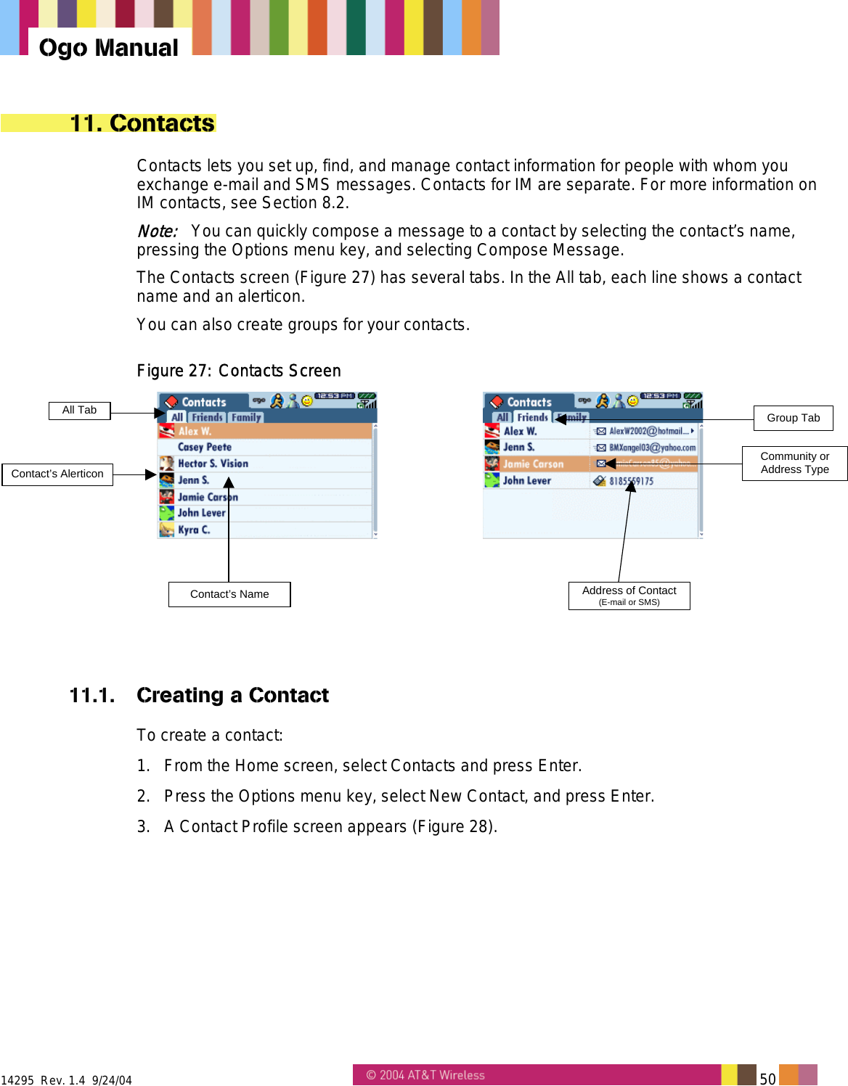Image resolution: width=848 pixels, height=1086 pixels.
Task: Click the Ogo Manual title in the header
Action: click(x=109, y=48)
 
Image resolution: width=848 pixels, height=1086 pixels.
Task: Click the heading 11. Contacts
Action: click(x=142, y=123)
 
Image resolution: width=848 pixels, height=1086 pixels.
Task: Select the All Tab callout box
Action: click(x=79, y=410)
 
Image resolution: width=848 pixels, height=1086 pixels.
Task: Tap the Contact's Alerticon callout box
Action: click(x=57, y=474)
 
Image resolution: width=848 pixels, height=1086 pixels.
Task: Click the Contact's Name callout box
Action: click(x=229, y=594)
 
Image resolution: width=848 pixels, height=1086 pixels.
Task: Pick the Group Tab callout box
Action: click(x=793, y=418)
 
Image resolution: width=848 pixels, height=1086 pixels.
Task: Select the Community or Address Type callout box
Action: click(x=794, y=463)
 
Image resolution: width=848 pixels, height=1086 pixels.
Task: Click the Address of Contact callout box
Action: click(x=629, y=596)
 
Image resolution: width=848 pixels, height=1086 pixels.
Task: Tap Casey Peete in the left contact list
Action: click(x=205, y=448)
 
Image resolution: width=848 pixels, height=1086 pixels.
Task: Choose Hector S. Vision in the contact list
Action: click(x=213, y=464)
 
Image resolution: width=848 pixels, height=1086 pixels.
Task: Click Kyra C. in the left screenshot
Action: click(x=194, y=530)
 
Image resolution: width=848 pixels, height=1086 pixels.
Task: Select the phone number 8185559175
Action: click(x=631, y=481)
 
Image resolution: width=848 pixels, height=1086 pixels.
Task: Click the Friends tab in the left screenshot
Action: click(x=207, y=418)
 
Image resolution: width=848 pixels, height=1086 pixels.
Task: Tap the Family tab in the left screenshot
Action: click(x=246, y=418)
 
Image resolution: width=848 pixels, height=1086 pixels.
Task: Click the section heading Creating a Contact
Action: click(x=232, y=695)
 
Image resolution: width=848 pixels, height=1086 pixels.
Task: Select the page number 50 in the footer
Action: click(x=767, y=1078)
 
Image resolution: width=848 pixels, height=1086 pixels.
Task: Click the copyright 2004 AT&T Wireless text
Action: click(x=425, y=1075)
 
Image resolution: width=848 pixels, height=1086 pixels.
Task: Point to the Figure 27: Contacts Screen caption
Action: click(x=239, y=371)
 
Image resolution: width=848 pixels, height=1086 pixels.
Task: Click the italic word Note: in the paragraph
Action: click(x=158, y=231)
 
